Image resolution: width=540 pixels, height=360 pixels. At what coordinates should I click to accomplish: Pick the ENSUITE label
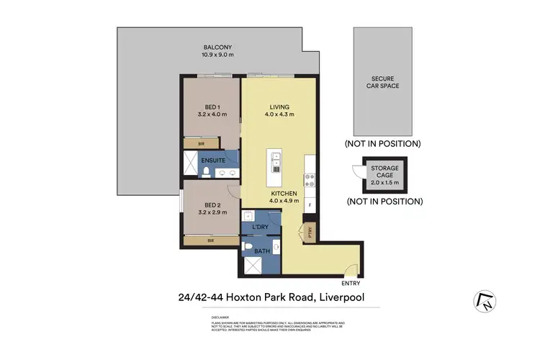pos(213,160)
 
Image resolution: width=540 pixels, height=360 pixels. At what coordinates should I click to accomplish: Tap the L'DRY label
pos(261,228)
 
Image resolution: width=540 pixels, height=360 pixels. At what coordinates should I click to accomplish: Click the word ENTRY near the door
pos(351,283)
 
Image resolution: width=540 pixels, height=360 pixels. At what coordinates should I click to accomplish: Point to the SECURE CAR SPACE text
pos(385,81)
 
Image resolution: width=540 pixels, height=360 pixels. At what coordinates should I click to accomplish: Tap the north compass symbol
pos(485,301)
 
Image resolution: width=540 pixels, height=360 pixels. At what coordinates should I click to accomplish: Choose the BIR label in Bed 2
pos(210,240)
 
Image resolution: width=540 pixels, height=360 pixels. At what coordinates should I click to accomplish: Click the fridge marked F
pos(310,205)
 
